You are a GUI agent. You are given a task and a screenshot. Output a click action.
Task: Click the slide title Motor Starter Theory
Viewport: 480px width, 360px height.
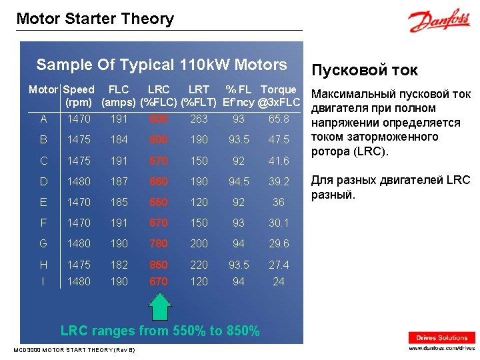point(95,19)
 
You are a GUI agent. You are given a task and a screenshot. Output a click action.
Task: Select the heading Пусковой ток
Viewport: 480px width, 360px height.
point(365,70)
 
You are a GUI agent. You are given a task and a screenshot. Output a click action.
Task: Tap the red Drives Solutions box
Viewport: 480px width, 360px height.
point(442,337)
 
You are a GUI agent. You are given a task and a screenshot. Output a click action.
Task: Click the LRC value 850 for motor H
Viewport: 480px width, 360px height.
point(159,265)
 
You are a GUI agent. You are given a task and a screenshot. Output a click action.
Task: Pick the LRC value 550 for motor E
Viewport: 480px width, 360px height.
point(159,202)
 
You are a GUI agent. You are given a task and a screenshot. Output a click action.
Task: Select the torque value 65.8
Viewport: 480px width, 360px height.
point(279,119)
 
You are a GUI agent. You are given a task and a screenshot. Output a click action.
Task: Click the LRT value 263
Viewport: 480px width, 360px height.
point(199,119)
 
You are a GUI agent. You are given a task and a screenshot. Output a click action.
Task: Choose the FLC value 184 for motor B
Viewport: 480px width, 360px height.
point(119,139)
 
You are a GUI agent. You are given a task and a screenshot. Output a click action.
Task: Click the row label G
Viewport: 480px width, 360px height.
point(44,243)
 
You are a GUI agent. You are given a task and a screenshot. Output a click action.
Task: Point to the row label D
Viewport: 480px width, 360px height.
point(44,181)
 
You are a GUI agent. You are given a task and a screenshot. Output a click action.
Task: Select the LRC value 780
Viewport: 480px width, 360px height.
point(159,243)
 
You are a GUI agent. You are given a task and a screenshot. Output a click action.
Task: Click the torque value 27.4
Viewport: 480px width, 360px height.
point(279,265)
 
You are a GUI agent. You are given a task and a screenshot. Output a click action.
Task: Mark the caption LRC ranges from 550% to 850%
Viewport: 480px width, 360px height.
point(160,331)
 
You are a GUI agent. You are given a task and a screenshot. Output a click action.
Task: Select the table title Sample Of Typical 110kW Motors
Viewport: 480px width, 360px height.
point(161,65)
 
